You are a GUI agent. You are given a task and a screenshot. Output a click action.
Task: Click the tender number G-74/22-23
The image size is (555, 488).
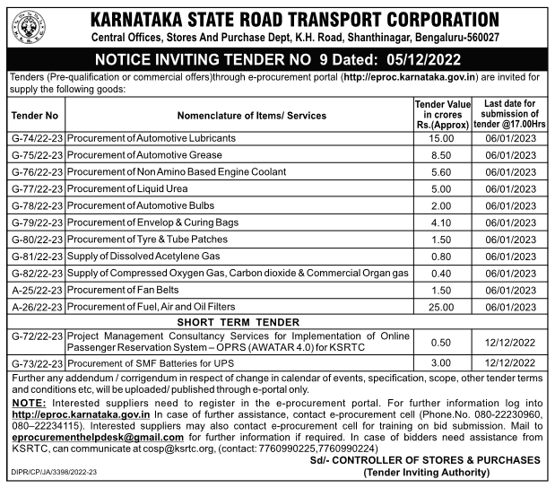tap(37, 138)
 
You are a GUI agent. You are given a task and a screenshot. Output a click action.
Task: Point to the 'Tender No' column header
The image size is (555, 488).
tap(36, 116)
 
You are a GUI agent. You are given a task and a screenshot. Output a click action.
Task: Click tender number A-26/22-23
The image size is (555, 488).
tap(37, 307)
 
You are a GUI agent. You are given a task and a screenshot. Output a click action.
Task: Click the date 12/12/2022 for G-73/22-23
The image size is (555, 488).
tap(507, 362)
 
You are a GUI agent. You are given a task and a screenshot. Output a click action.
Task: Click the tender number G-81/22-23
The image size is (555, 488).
tap(37, 256)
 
